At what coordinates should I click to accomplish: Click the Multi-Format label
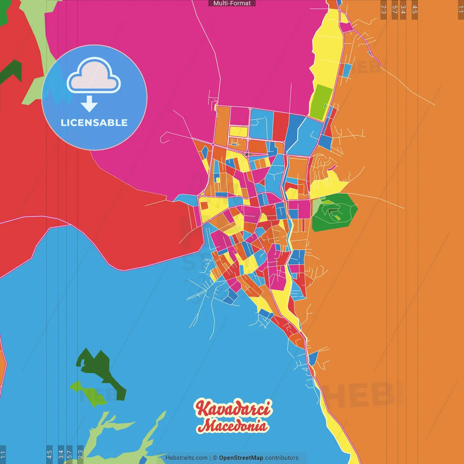232,3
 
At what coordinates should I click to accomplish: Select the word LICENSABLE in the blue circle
94,123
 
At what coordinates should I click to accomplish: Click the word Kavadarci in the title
233,409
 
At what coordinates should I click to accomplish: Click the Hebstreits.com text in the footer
186,458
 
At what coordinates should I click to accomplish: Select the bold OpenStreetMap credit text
241,458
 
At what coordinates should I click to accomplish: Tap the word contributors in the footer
282,458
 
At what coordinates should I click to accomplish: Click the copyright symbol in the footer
215,458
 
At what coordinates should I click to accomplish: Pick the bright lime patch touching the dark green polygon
85,391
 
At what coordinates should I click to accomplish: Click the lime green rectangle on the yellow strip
321,102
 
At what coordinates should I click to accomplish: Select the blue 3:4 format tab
61,454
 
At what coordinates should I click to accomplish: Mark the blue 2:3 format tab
80,454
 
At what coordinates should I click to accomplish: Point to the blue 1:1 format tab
3,454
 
